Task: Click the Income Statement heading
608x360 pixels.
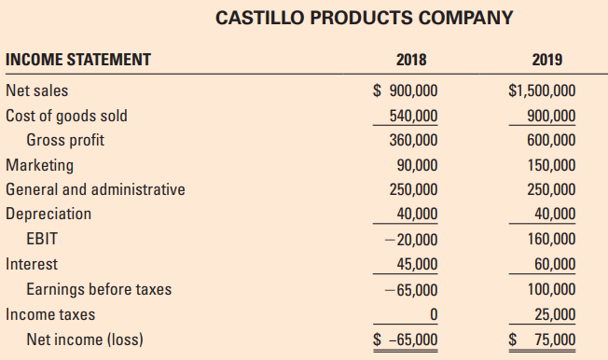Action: coord(78,61)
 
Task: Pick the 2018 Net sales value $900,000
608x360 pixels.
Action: coord(405,91)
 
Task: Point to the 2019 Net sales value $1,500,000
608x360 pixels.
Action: coord(542,91)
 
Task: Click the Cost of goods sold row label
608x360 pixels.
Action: coord(66,116)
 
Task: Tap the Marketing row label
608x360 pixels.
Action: coord(39,165)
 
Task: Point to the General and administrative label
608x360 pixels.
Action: coord(95,189)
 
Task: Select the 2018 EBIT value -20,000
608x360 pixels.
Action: coord(412,239)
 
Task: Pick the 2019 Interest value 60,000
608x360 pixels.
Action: coord(554,264)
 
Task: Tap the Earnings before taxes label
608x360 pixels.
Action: coord(99,289)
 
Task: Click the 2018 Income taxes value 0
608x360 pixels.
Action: coord(433,314)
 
